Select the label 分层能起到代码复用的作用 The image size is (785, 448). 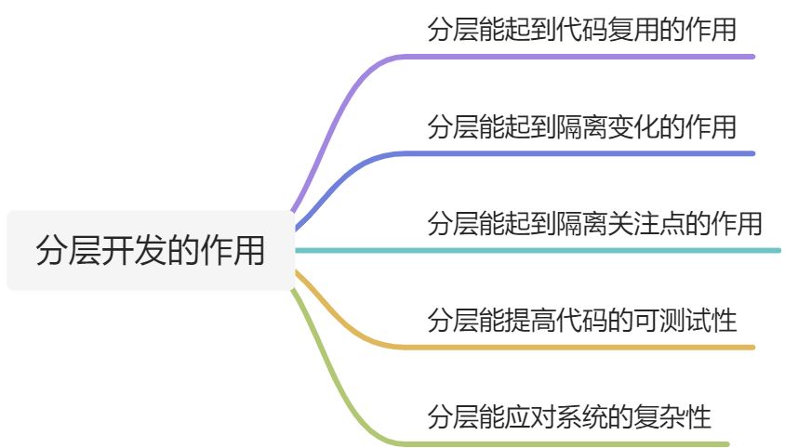point(581,30)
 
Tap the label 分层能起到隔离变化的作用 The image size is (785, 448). point(581,126)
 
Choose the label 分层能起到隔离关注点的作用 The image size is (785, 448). point(594,224)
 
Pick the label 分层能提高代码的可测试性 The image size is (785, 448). point(581,322)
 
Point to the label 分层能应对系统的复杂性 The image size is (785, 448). point(568,417)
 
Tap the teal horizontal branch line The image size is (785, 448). point(539,250)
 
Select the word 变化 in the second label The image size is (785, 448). point(632,126)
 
